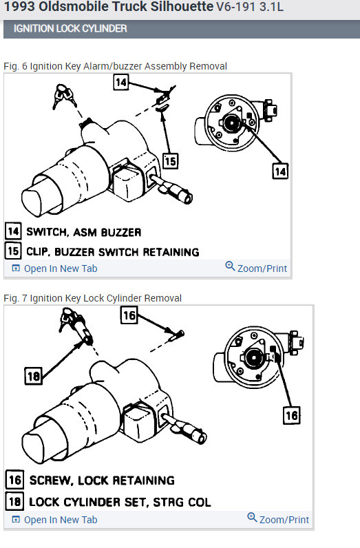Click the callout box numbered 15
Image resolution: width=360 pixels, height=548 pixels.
(x=170, y=160)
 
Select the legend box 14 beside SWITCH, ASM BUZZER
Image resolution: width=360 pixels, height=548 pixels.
(x=14, y=231)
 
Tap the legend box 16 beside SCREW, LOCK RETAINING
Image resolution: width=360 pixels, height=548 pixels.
(x=14, y=479)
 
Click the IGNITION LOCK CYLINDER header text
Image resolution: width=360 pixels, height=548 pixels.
(x=70, y=29)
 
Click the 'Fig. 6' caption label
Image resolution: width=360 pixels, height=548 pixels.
(x=15, y=66)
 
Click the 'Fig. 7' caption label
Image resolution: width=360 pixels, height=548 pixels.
(x=15, y=298)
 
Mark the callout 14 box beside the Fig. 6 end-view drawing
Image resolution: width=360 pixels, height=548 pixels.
(x=280, y=170)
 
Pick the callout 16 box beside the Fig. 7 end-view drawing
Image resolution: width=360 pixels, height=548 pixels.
(x=292, y=415)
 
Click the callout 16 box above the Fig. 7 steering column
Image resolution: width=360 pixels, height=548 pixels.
(x=129, y=315)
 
